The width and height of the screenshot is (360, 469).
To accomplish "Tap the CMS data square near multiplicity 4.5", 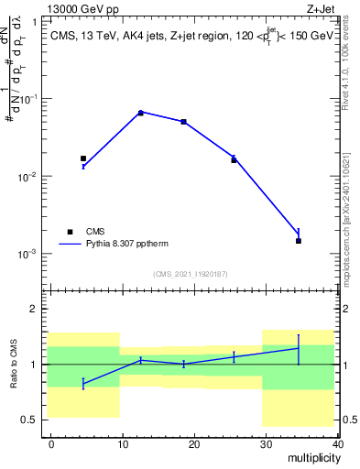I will (x=83, y=158).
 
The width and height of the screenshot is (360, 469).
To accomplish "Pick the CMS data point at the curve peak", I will (x=140, y=113).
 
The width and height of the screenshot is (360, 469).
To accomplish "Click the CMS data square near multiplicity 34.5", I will (x=299, y=241).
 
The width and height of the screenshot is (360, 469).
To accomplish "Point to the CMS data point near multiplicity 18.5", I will (x=183, y=122).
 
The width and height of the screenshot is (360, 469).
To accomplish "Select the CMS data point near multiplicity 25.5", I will (x=234, y=159).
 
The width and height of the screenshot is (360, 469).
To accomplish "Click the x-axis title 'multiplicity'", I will (x=311, y=456).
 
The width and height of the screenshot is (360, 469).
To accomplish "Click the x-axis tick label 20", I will (x=193, y=443).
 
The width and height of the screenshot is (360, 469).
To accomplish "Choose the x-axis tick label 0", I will (x=51, y=443).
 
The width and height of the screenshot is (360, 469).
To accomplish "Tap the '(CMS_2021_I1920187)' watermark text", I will (x=191, y=273).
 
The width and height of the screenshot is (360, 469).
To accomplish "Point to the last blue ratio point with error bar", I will (x=299, y=348).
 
